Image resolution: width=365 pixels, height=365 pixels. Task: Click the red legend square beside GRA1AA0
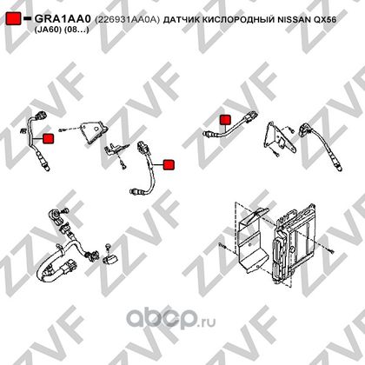(x=13, y=18)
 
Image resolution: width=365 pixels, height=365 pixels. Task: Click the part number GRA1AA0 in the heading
(x=63, y=19)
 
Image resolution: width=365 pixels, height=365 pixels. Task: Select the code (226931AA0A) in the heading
(x=127, y=19)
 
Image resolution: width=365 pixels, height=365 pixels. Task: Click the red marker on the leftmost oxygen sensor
(x=48, y=139)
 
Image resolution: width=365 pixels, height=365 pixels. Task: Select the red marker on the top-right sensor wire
(x=225, y=120)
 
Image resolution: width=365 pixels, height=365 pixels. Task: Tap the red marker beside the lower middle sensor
(x=169, y=164)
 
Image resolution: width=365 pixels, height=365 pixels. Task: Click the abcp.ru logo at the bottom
(x=171, y=319)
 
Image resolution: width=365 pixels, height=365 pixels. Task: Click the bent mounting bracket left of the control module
(x=251, y=241)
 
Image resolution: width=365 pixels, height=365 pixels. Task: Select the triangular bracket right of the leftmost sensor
(x=93, y=132)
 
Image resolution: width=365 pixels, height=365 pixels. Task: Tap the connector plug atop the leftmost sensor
(x=40, y=116)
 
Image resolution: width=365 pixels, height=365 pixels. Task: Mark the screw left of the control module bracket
(x=222, y=246)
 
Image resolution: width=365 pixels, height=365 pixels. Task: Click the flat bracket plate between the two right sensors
(x=279, y=138)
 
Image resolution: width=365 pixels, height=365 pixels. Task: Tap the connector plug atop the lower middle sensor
(x=143, y=148)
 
